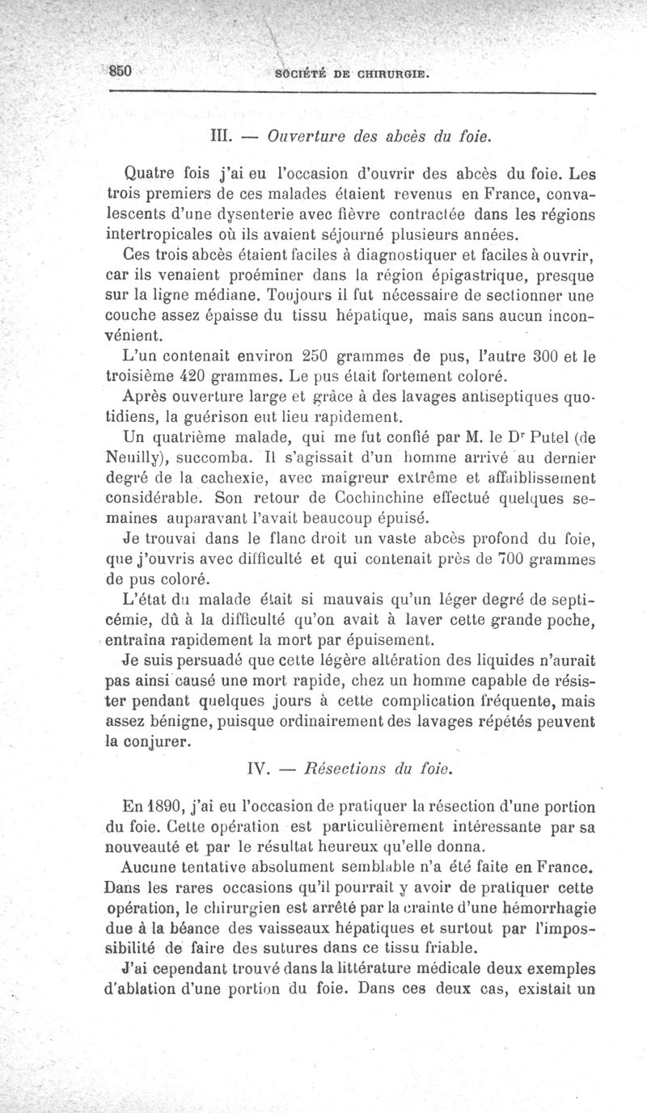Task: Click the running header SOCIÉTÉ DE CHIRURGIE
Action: point(351,75)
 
